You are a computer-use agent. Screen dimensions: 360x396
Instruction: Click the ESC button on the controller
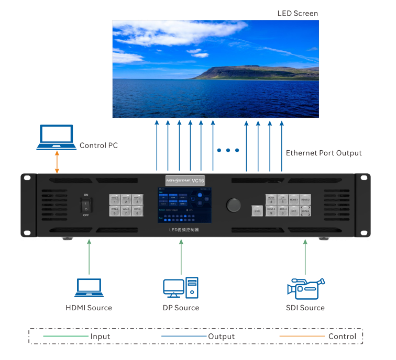[x=257, y=211]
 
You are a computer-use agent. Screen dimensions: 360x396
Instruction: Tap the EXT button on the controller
[x=294, y=211]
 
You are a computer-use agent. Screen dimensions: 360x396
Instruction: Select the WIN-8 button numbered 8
[x=137, y=211]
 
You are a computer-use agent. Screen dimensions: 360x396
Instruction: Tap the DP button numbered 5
[x=282, y=199]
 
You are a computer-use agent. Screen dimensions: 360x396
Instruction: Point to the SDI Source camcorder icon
[x=305, y=288]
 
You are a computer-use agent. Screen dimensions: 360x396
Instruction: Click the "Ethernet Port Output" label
[x=324, y=153]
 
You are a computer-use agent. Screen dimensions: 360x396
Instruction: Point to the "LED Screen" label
[x=298, y=13]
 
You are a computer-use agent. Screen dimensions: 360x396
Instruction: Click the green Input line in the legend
[x=65, y=336]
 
